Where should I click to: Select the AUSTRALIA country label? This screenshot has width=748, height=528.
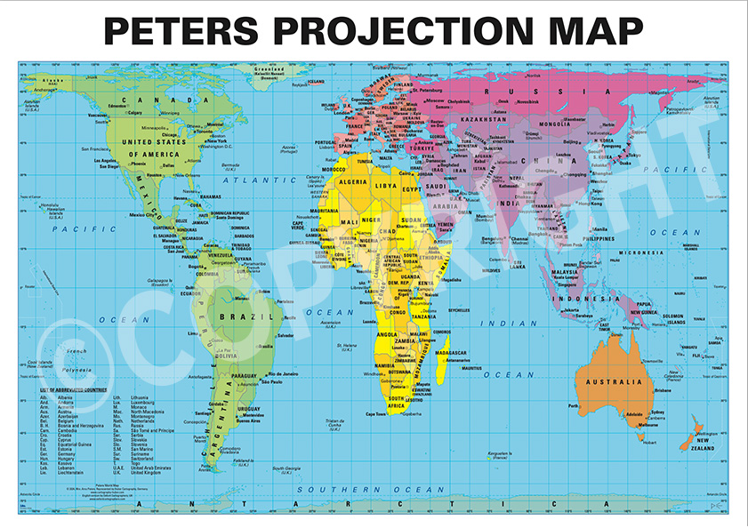click(609, 382)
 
